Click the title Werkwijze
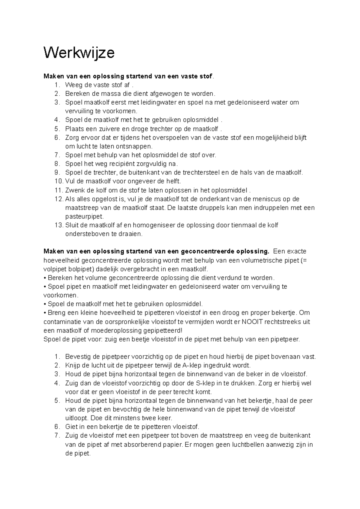coord(79,53)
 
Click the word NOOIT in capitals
coord(252,322)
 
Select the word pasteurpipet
coord(84,216)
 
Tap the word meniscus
coord(274,199)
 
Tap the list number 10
coord(58,181)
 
